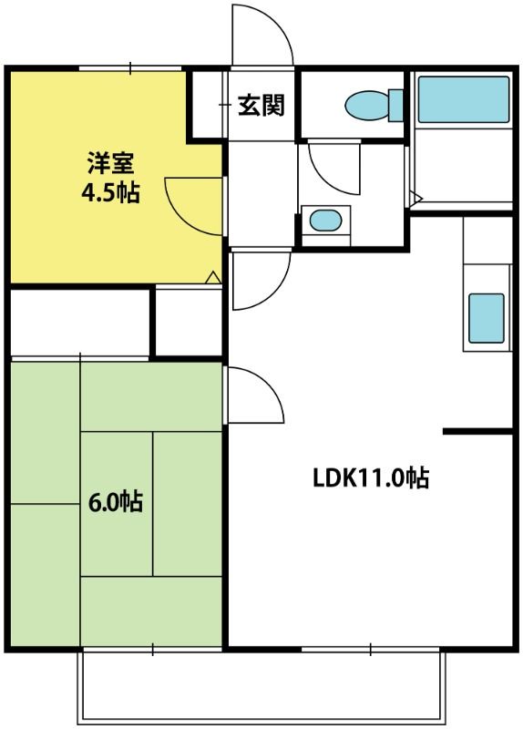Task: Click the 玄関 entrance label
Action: tap(261, 106)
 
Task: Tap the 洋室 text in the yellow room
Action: tap(110, 163)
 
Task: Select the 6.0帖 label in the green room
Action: tap(116, 501)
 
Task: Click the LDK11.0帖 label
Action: tap(371, 477)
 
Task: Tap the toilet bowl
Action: tap(367, 105)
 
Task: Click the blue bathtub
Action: tap(464, 99)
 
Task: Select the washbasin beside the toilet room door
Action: tap(325, 220)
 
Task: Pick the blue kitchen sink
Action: tap(487, 318)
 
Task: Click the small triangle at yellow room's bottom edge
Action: tap(213, 277)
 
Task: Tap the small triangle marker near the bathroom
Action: tap(416, 200)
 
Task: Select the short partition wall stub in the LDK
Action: tap(477, 432)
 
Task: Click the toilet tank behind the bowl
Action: tap(395, 106)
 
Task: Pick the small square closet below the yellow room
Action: tap(189, 322)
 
